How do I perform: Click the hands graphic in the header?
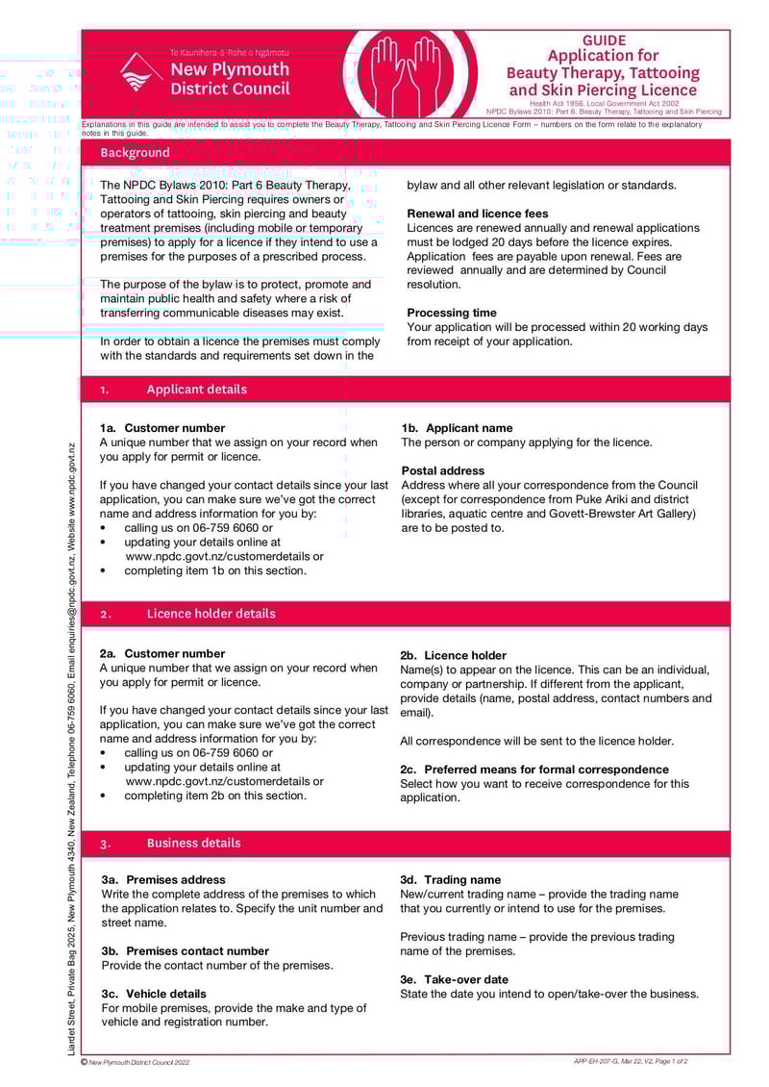tap(408, 72)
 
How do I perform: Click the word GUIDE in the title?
tap(604, 40)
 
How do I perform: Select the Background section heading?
tap(135, 153)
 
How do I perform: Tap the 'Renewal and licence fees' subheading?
tap(478, 214)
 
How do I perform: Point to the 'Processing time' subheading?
tap(452, 313)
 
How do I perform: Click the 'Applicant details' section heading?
tap(196, 390)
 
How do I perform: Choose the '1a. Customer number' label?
tap(162, 428)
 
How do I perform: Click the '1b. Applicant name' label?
tap(457, 428)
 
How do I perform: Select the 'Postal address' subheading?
tap(443, 470)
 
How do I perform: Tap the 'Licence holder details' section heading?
tap(211, 614)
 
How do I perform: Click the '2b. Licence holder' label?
tap(453, 655)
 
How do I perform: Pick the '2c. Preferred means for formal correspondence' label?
tap(534, 770)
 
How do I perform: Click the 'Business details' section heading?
tap(193, 843)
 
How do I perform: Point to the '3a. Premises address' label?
tap(163, 879)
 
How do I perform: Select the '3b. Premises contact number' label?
tap(186, 950)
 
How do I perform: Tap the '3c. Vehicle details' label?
tap(154, 994)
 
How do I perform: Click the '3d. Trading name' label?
tap(450, 879)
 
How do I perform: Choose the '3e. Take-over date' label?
tap(454, 979)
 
